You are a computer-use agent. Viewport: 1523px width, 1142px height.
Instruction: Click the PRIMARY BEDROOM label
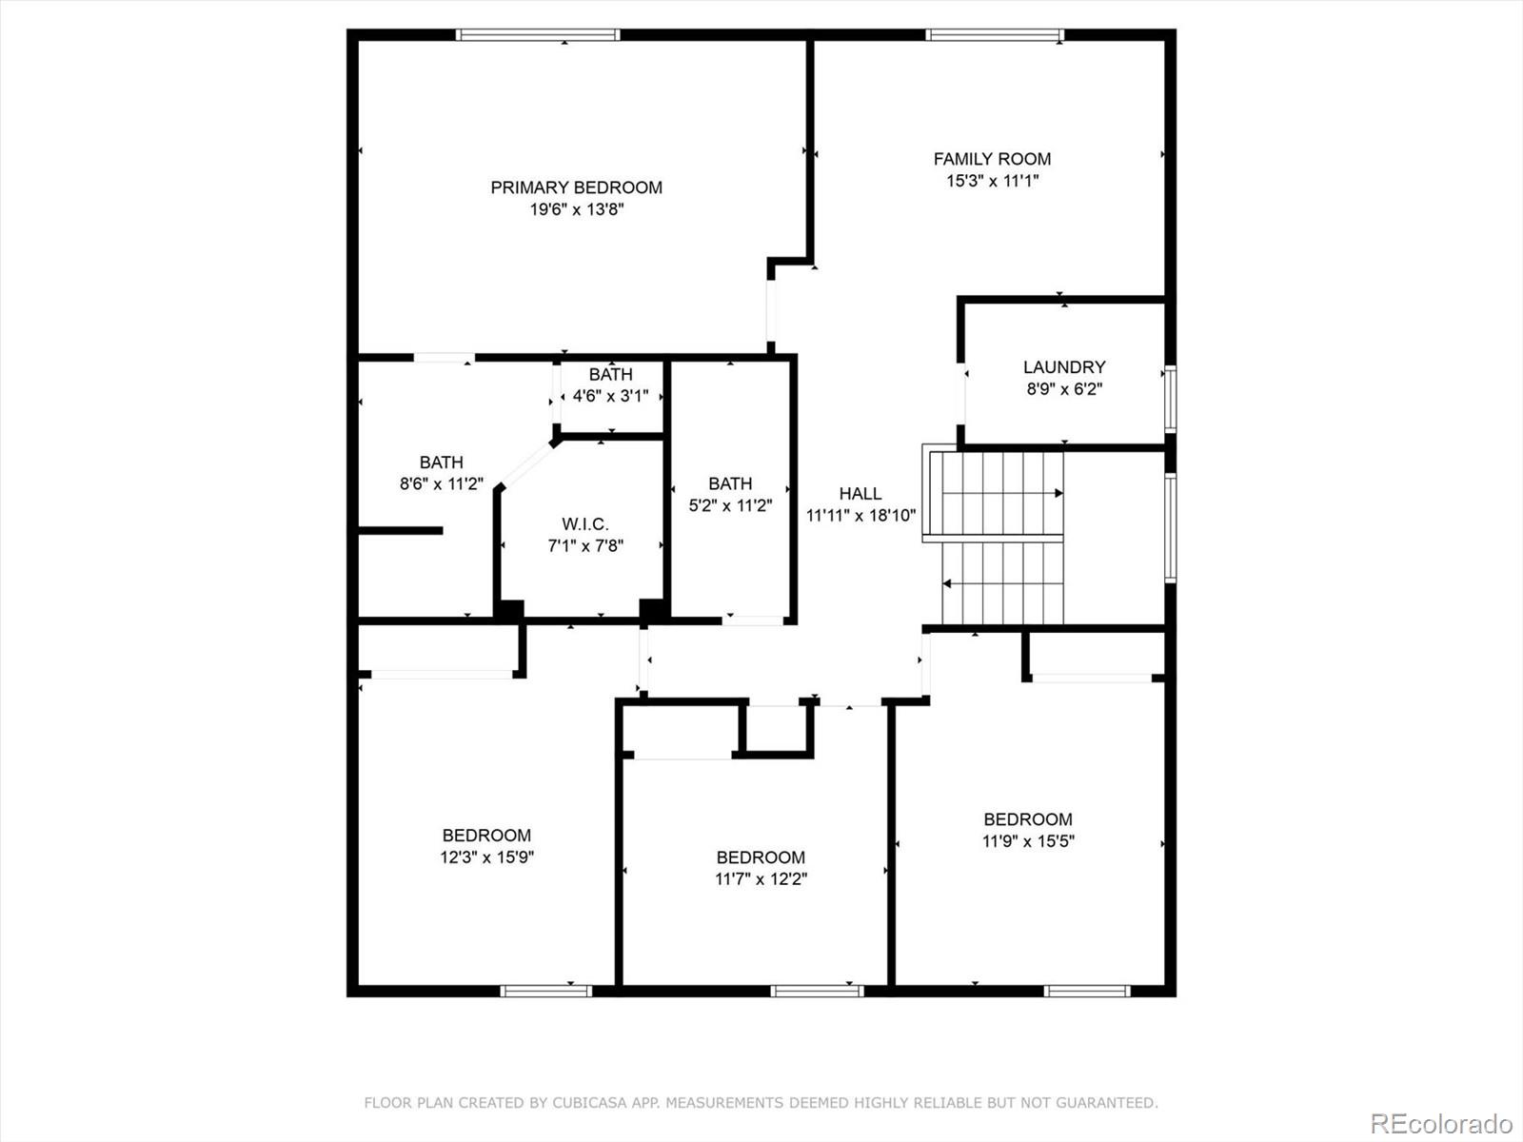coord(576,187)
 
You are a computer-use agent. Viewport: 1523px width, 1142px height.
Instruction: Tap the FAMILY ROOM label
coord(992,159)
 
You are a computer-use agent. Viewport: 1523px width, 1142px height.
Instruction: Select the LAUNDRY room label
coord(1064,366)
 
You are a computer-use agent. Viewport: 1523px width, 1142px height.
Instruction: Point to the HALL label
coord(860,494)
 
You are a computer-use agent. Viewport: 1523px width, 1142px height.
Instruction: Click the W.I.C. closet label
coord(584,523)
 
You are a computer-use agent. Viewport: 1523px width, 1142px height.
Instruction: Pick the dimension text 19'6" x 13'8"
coord(577,209)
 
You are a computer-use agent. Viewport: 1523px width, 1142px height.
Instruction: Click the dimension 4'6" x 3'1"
coord(610,396)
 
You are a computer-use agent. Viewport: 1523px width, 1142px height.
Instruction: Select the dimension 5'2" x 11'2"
coord(730,505)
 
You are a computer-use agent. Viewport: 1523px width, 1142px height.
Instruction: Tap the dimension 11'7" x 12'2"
coord(761,879)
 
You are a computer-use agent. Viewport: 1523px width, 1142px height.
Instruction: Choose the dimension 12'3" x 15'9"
coord(486,857)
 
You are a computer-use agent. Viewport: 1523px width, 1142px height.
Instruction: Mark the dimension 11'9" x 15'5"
coord(1028,841)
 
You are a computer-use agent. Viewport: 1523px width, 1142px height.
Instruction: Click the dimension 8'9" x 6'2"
coord(1064,389)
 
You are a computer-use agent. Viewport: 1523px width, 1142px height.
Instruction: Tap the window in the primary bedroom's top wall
coord(538,34)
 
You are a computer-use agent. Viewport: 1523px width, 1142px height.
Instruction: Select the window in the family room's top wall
coord(995,34)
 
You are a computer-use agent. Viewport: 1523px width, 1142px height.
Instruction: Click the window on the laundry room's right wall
coord(1171,399)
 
